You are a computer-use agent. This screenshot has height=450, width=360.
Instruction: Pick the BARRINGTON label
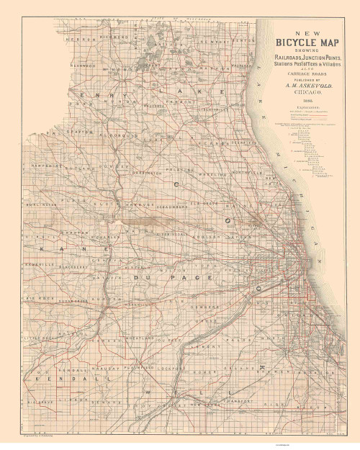click(148, 174)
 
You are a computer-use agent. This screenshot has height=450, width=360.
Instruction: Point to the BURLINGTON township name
click(42, 204)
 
